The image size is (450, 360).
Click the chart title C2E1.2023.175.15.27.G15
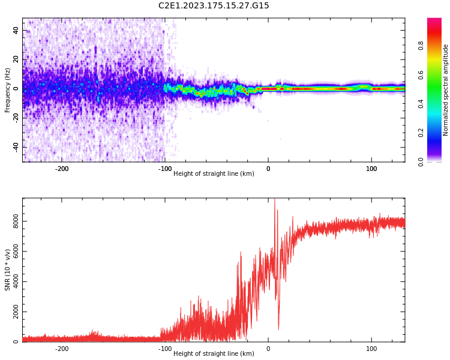(x=214, y=5)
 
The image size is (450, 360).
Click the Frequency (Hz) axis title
(x=8, y=90)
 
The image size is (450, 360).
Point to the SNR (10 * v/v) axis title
(x=8, y=270)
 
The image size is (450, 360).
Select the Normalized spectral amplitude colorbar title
(x=446, y=90)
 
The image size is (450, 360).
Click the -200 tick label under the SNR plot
(x=62, y=349)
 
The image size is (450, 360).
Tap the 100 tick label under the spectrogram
(x=371, y=169)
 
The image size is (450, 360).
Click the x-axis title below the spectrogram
(x=214, y=174)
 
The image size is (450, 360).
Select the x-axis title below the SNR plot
(x=214, y=354)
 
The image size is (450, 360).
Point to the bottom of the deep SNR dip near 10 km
(x=278, y=329)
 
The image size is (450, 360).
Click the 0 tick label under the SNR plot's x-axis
(x=268, y=349)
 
